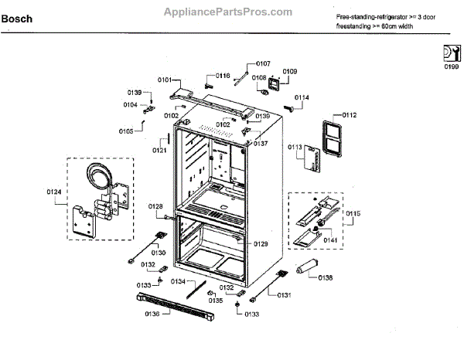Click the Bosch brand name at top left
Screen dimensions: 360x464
16,19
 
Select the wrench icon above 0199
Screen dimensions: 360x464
449,53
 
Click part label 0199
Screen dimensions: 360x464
451,67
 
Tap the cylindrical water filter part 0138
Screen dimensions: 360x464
305,268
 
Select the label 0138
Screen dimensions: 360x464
326,278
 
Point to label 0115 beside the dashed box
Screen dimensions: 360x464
353,213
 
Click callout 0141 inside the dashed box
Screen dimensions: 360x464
330,239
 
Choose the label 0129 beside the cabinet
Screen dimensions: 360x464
261,243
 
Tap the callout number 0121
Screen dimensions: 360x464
159,151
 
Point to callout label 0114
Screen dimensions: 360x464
301,97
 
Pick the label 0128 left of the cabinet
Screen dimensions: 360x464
155,206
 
